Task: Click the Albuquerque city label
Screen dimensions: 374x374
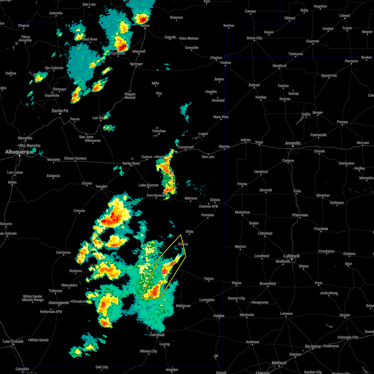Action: [x=20, y=152]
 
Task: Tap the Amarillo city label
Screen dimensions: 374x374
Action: [x=293, y=143]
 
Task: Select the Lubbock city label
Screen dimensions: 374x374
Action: [x=291, y=256]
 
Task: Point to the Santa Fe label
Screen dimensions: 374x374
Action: [x=60, y=111]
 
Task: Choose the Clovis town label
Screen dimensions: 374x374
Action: [x=215, y=200]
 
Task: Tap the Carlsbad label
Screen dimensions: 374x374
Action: [x=157, y=335]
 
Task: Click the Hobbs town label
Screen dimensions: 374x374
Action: [x=219, y=316]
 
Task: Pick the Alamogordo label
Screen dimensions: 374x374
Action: [x=59, y=303]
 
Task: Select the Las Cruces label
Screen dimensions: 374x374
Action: [x=13, y=341]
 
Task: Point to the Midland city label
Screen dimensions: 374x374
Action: [x=279, y=363]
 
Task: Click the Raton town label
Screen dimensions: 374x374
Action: [x=145, y=26]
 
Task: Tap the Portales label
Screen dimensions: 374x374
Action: [x=208, y=215]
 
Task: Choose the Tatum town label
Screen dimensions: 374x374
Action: [x=209, y=279]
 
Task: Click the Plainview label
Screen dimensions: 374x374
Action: [x=300, y=215]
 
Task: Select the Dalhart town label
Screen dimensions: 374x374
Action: [x=254, y=85]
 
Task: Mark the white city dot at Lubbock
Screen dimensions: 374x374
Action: [x=291, y=260]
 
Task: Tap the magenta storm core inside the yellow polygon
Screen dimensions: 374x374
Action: [x=163, y=272]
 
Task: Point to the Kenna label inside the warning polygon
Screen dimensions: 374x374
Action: [x=183, y=244]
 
